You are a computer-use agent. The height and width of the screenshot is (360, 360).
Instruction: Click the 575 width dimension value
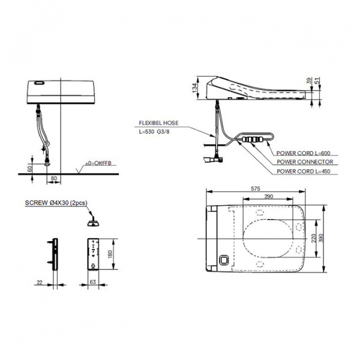(256, 188)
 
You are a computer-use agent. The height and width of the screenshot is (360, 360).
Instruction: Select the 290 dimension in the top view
(268, 196)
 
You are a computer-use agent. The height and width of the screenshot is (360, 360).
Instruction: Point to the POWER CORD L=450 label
(305, 172)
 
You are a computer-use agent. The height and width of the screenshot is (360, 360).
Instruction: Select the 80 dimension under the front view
(53, 178)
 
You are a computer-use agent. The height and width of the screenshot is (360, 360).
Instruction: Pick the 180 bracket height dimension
(110, 254)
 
